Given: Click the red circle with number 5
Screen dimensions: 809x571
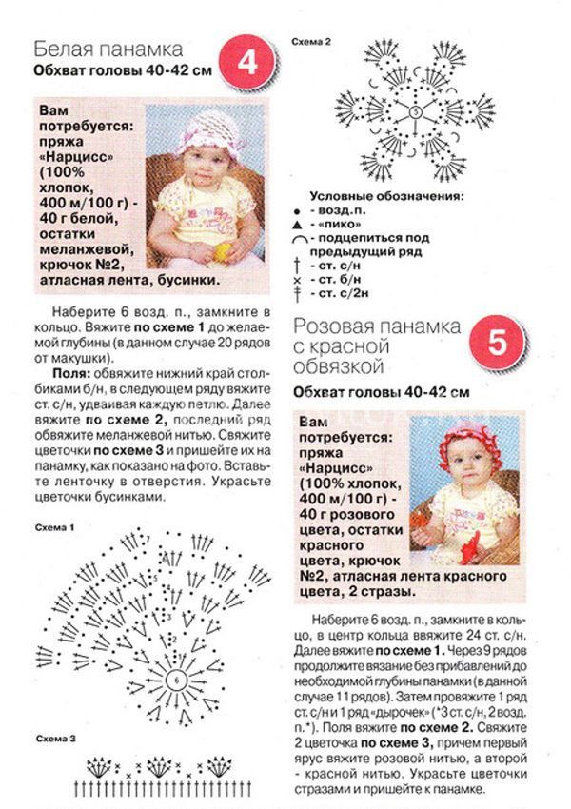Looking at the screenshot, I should click(496, 345).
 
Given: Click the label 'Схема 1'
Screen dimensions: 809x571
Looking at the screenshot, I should click(52, 526).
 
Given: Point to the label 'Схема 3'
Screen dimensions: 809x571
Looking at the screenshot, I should click(52, 739).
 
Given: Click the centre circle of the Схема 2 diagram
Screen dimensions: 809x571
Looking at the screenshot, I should click(415, 112).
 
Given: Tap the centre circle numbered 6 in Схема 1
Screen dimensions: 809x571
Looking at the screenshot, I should click(177, 682).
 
